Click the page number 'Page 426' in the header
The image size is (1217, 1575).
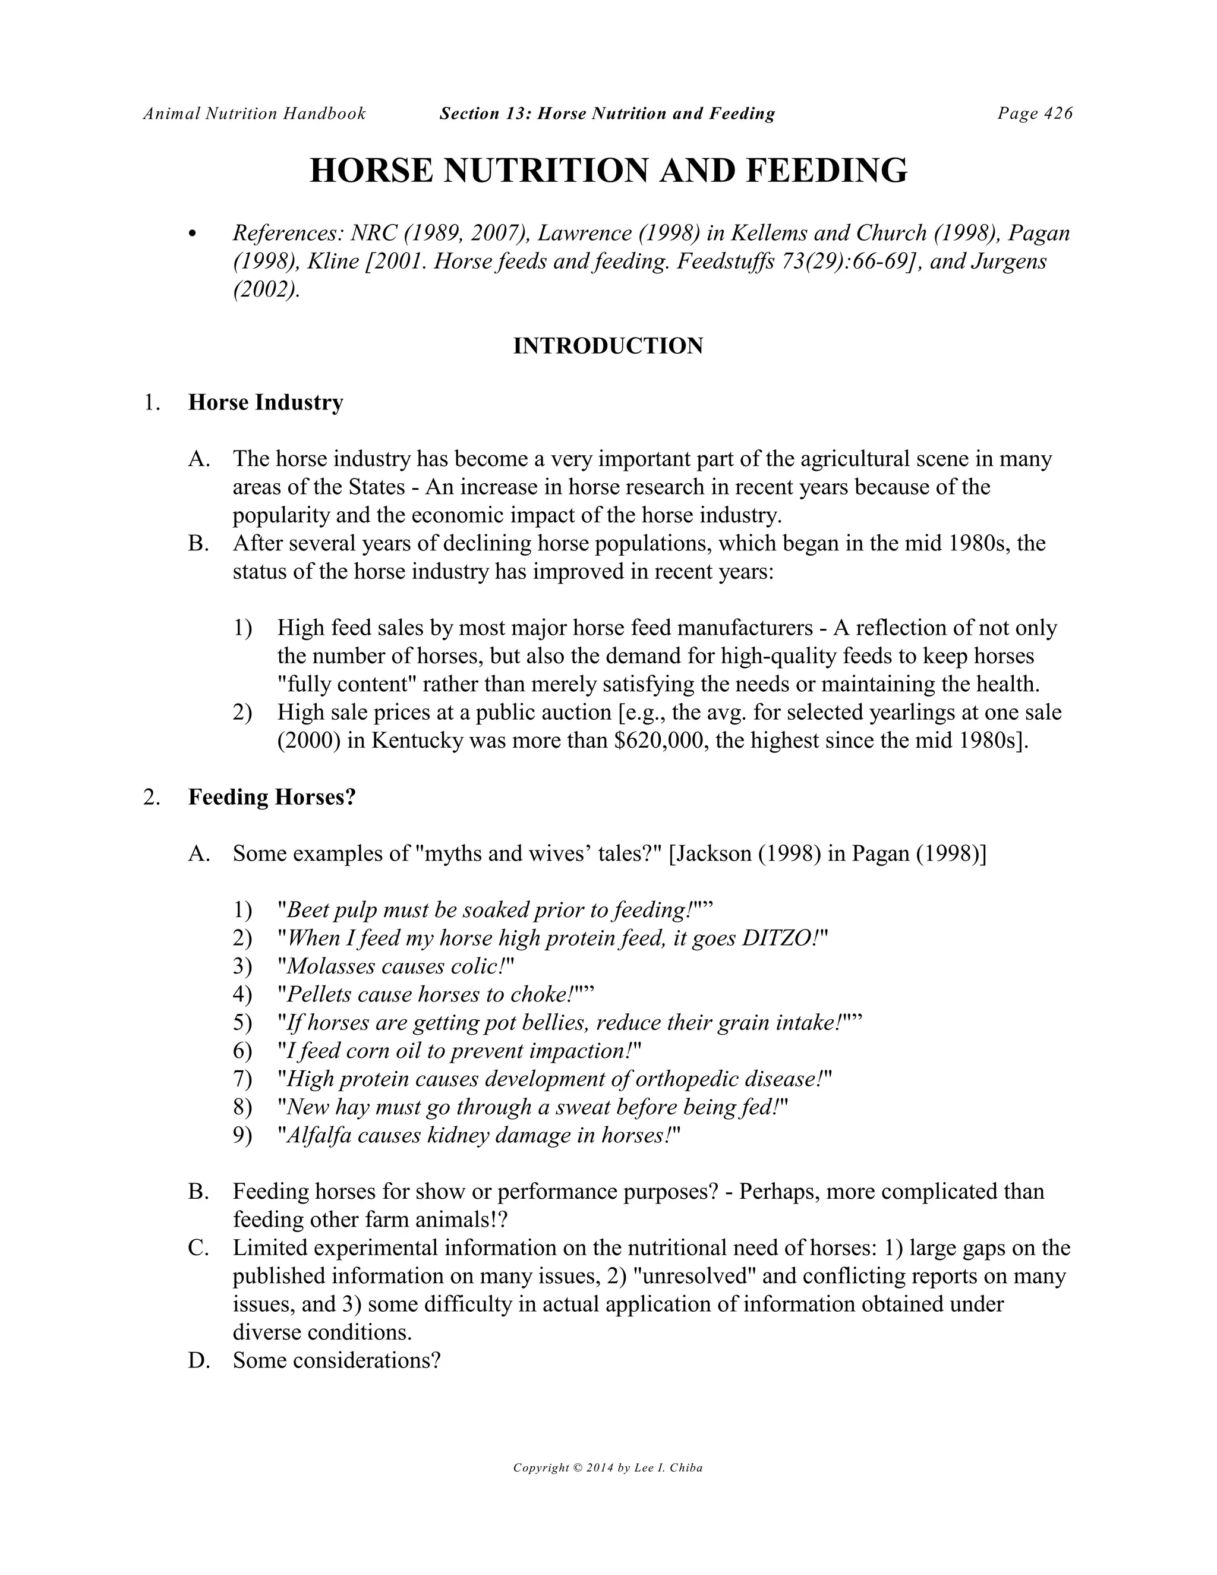(1035, 113)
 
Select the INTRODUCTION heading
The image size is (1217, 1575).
(608, 346)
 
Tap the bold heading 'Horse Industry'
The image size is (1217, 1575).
(265, 402)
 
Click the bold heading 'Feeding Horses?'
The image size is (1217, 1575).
(272, 798)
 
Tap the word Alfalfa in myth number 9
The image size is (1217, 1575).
(318, 1135)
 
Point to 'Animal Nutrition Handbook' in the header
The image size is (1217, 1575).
(254, 113)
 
